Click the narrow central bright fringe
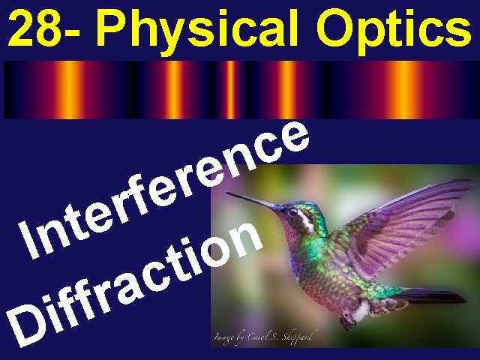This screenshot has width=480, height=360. click(x=231, y=89)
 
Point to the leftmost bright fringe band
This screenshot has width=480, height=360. click(x=70, y=89)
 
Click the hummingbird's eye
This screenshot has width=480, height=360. click(x=293, y=213)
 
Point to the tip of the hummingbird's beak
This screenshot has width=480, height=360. click(x=229, y=194)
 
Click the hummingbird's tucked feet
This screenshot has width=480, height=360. click(x=349, y=318)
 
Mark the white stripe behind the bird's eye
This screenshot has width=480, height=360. click(x=306, y=218)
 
